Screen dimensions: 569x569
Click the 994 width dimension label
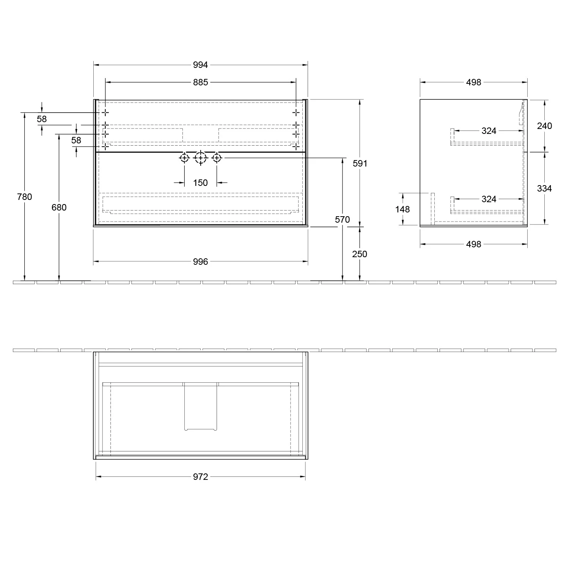[200, 65]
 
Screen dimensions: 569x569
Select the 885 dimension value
[200, 82]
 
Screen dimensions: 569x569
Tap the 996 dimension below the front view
[200, 261]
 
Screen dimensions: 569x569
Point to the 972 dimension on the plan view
[200, 477]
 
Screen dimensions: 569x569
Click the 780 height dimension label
[25, 196]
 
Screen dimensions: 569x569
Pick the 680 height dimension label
[59, 207]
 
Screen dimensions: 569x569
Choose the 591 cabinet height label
[360, 163]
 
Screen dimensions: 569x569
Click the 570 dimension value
[343, 219]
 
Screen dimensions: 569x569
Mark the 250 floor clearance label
[360, 254]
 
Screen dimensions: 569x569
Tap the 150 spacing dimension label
[200, 183]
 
